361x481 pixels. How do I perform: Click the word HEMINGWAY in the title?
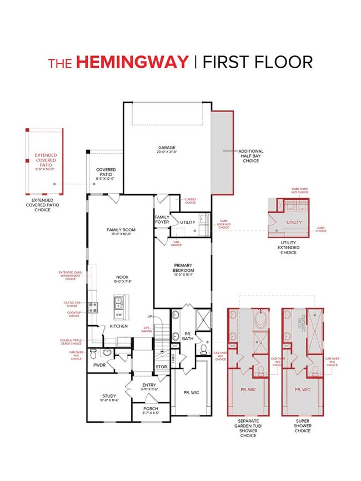tap(132, 62)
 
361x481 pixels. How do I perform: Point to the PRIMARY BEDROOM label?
tap(183, 267)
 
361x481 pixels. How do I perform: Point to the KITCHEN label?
tap(118, 326)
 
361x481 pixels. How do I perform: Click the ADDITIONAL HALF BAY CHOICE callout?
tap(250, 156)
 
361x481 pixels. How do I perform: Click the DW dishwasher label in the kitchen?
tap(119, 316)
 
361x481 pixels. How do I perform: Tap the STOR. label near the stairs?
tap(162, 367)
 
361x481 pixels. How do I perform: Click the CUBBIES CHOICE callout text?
tap(190, 202)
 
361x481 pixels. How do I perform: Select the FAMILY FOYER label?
tap(162, 220)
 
